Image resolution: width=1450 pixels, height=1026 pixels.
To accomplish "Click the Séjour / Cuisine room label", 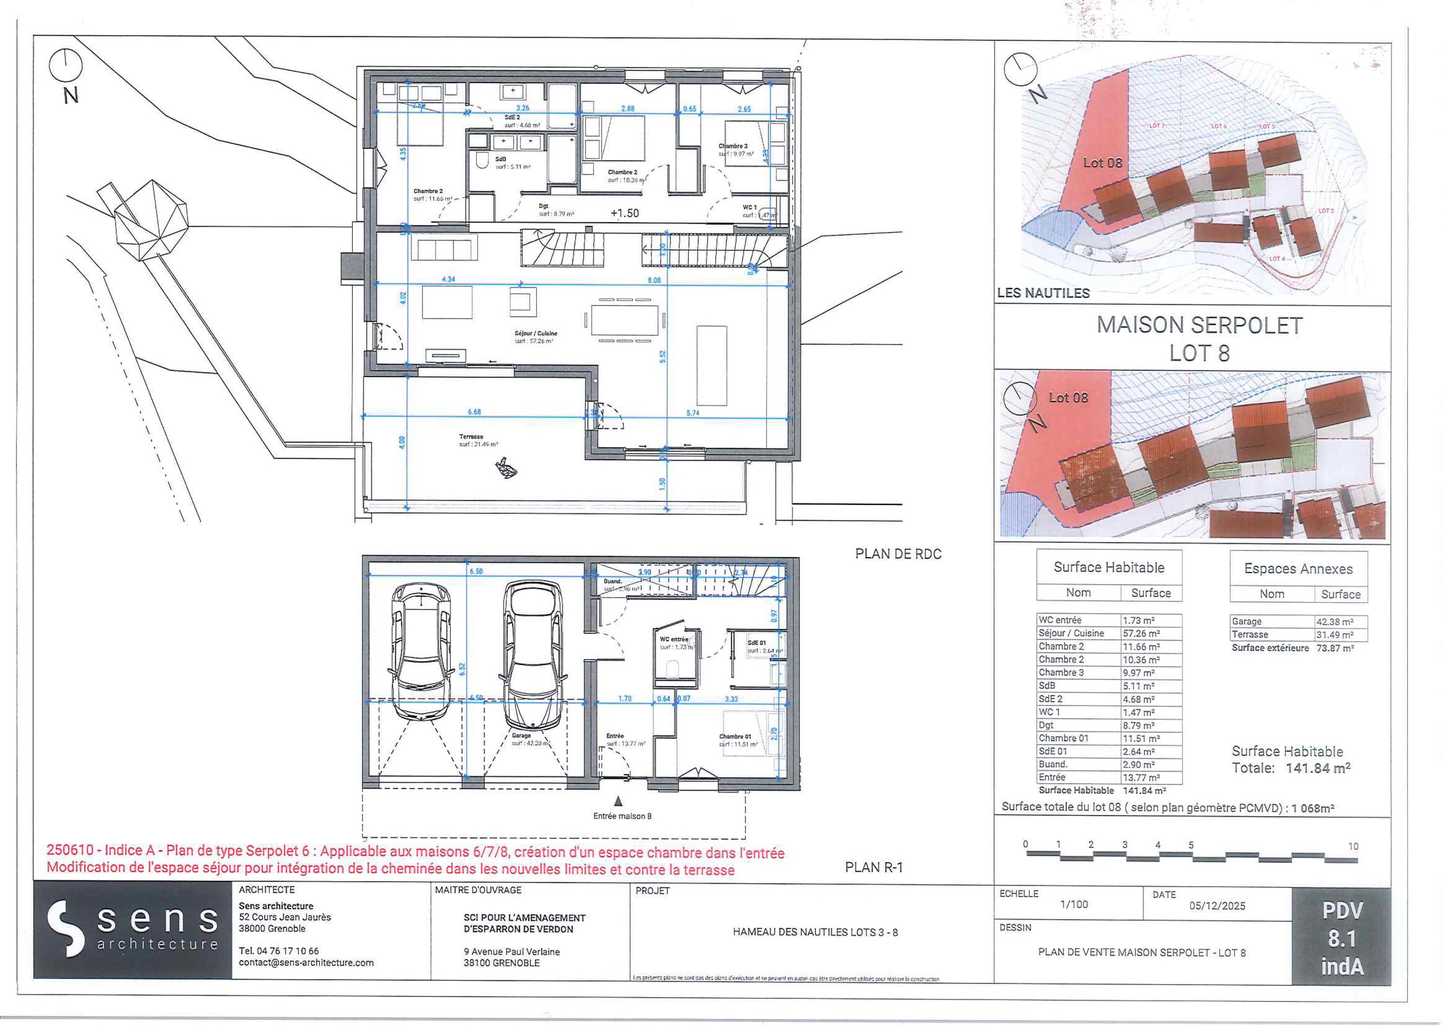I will [536, 334].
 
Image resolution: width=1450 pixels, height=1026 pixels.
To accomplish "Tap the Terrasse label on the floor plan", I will [471, 437].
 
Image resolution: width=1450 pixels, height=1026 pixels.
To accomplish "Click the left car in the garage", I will [421, 651].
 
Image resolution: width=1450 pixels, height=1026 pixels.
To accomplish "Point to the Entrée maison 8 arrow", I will [619, 801].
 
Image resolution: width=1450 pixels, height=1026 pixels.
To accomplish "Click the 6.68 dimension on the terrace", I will [474, 412].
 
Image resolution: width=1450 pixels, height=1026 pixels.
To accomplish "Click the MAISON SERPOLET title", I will [1199, 325].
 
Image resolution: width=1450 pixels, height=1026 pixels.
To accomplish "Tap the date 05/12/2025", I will [1217, 905].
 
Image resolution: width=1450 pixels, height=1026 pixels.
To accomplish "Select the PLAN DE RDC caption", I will [898, 554].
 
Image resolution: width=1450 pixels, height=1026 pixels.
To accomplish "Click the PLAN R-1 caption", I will [874, 867].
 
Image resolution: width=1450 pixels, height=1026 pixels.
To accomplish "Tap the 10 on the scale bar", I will [1353, 847].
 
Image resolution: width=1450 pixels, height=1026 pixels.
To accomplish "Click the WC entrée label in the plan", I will [674, 639].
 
